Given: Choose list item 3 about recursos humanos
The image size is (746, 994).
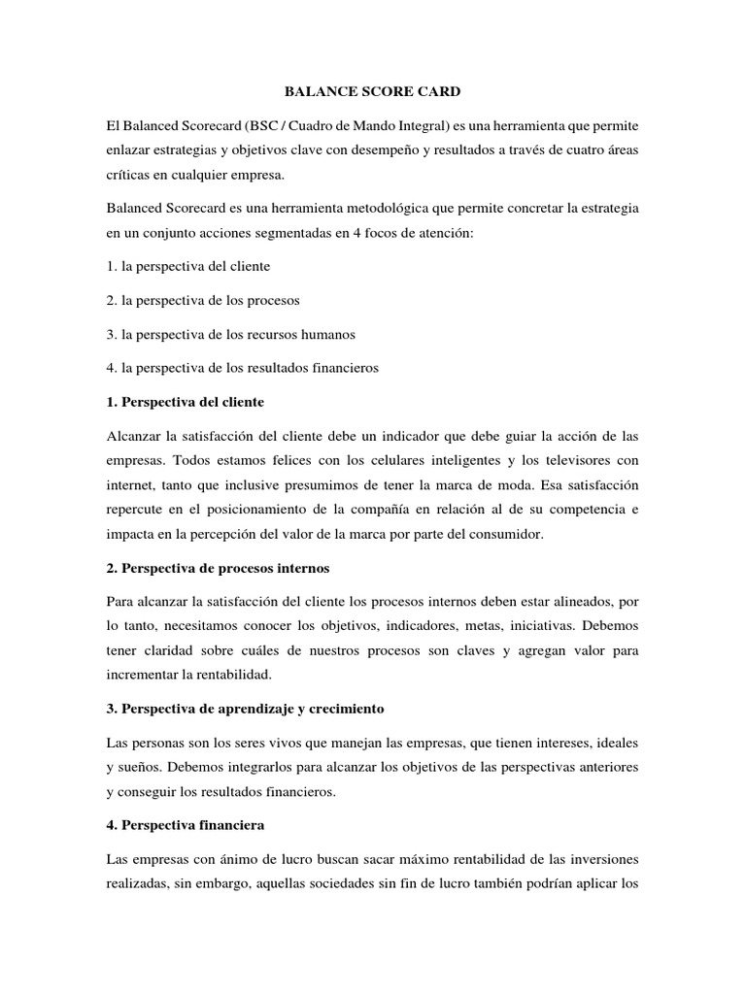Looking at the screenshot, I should [x=232, y=334].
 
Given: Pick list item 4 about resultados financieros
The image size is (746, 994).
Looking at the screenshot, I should [x=243, y=368].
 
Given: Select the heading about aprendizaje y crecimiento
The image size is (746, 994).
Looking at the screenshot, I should [x=246, y=710].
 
